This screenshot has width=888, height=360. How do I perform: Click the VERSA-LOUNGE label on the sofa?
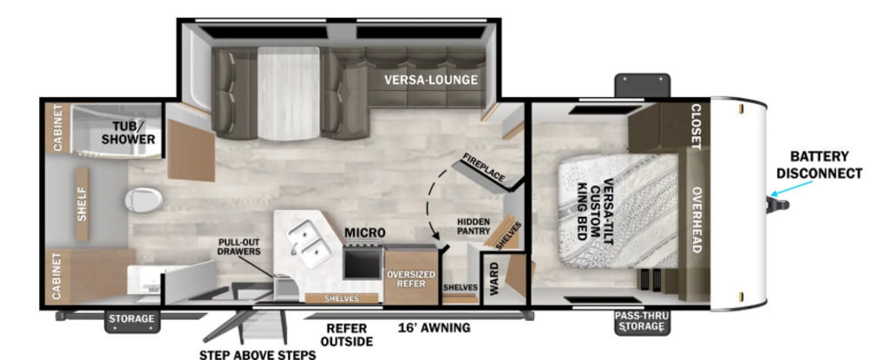click(430, 80)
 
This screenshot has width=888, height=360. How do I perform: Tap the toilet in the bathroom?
click(144, 200)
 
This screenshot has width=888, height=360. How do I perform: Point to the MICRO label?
click(365, 232)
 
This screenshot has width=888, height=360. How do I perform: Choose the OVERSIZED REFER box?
click(411, 276)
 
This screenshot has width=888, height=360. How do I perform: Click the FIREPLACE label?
click(483, 167)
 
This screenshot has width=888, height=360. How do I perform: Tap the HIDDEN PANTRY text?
click(473, 226)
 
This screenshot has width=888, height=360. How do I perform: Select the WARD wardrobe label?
click(493, 278)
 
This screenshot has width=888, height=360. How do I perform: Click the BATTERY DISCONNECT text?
click(819, 165)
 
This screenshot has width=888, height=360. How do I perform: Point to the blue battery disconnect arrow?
click(793, 188)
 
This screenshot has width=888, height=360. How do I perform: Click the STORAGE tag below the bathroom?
click(132, 318)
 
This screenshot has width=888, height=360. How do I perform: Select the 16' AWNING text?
click(434, 328)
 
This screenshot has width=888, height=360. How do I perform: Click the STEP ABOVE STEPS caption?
click(257, 355)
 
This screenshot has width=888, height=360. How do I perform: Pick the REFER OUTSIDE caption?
click(346, 335)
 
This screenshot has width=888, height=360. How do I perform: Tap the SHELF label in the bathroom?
click(82, 204)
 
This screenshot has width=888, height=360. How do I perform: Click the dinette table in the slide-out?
click(289, 93)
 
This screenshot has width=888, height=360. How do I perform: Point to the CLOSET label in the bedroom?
click(696, 127)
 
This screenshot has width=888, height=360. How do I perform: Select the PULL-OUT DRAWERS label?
click(239, 246)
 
